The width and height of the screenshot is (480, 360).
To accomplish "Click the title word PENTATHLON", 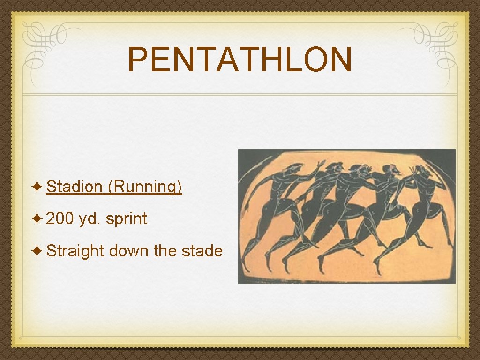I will point(240,60).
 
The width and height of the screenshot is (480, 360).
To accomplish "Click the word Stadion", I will point(75,187).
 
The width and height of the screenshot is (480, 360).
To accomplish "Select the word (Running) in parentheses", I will point(144,187).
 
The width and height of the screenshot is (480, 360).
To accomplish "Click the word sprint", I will point(126,218).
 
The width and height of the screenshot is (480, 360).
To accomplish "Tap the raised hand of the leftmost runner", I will point(321,165).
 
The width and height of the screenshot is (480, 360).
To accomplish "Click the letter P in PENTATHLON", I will point(137,60).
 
